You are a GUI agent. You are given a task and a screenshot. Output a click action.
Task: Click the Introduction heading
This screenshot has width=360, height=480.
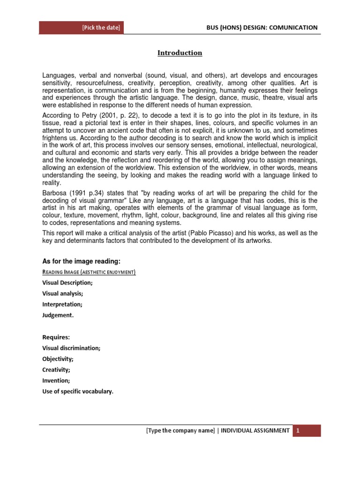point(180,53)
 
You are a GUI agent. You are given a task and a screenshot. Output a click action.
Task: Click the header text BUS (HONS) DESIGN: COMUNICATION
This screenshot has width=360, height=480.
point(262,28)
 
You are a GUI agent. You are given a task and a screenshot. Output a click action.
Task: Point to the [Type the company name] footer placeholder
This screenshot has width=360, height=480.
point(180,431)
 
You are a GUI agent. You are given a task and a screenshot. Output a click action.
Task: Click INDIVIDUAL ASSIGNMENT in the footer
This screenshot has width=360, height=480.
point(255,431)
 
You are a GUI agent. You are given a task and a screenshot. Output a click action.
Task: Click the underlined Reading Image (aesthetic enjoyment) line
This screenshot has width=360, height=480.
point(89,272)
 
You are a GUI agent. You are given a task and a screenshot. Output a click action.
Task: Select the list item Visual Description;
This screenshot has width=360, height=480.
point(67,283)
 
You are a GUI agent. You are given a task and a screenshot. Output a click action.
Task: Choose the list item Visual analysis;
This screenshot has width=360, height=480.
point(63,293)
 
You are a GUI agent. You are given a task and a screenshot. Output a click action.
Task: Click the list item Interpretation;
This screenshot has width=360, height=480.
point(62,304)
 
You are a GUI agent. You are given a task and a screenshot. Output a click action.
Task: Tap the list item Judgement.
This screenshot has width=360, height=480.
point(58,315)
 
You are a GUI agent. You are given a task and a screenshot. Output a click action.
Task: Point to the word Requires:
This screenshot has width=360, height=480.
point(56,337)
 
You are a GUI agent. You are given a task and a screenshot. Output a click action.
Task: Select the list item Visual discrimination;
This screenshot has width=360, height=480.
point(71,348)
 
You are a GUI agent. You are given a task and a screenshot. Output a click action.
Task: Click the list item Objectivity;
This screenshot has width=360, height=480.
point(58,359)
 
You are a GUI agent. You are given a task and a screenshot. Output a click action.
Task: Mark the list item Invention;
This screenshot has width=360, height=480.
point(56,380)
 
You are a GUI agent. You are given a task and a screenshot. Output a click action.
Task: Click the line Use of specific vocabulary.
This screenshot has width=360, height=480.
point(78,391)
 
